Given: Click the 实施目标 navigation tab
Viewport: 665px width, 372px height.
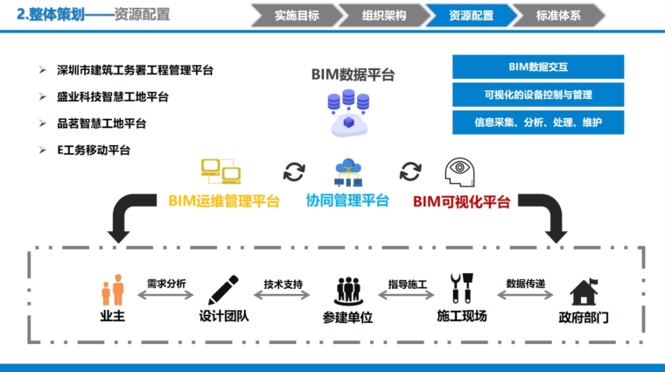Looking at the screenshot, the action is coord(296,15).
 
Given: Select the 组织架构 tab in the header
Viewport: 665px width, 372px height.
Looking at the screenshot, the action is coord(383,15).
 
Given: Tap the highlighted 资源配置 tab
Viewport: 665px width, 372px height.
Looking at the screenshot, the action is coord(470,15).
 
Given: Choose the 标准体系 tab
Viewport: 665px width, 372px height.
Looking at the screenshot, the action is coord(558,15).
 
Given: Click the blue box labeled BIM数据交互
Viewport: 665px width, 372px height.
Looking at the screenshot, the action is coord(538,67).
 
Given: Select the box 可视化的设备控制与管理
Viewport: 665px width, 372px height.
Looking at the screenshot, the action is coord(538,95).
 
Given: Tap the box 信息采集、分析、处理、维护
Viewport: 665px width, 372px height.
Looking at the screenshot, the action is coord(538,123).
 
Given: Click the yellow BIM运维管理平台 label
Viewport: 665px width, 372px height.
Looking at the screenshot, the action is coord(223,201).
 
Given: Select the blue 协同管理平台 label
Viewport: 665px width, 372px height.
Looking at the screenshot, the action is coord(347,201).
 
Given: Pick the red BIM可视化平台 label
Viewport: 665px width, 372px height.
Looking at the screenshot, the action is coord(461,201).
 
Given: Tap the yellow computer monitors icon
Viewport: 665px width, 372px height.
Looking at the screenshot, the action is coord(220,170).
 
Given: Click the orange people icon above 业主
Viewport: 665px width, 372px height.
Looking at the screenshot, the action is coord(112,291).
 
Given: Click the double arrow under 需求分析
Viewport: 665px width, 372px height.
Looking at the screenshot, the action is coord(165,297).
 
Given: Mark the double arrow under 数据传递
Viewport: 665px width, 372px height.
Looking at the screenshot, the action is coord(525,297).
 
